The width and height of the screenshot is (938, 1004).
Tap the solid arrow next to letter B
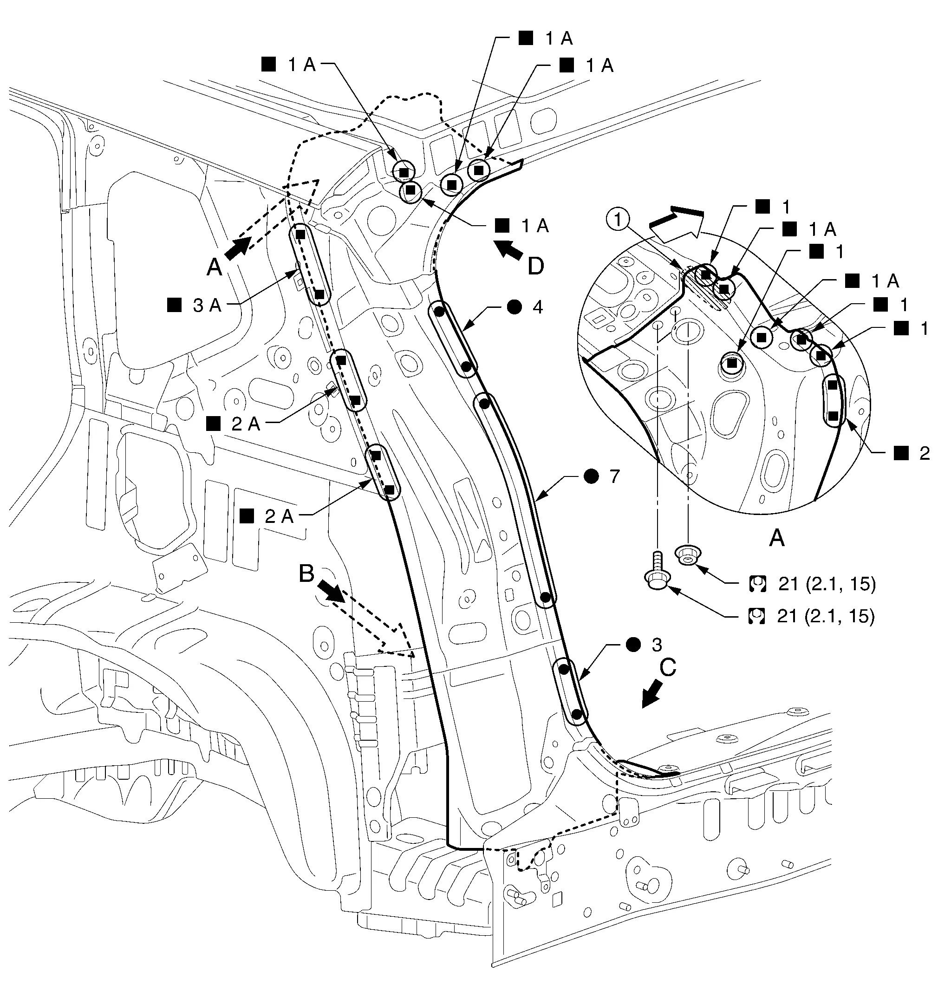pos(332,590)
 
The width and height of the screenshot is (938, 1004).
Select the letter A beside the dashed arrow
pos(214,267)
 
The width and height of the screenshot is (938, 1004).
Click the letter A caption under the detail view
pos(776,538)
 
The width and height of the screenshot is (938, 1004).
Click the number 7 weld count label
pos(614,476)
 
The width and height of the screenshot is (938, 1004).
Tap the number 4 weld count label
pos(537,307)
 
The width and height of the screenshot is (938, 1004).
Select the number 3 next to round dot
pos(657,645)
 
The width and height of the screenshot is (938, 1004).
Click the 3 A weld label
pos(207,305)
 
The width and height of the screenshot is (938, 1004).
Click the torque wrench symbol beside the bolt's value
pos(756,617)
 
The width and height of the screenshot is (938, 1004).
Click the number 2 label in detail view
pos(925,453)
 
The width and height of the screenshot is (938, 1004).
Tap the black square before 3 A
pos(174,305)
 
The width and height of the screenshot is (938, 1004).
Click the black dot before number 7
pos(591,476)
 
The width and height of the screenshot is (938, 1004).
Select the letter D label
pos(536,266)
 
